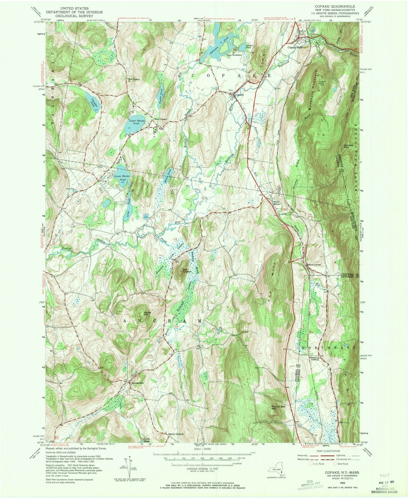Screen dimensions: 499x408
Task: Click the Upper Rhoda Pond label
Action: click(x=133, y=122)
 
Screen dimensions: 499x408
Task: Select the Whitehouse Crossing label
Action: click(x=314, y=358)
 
